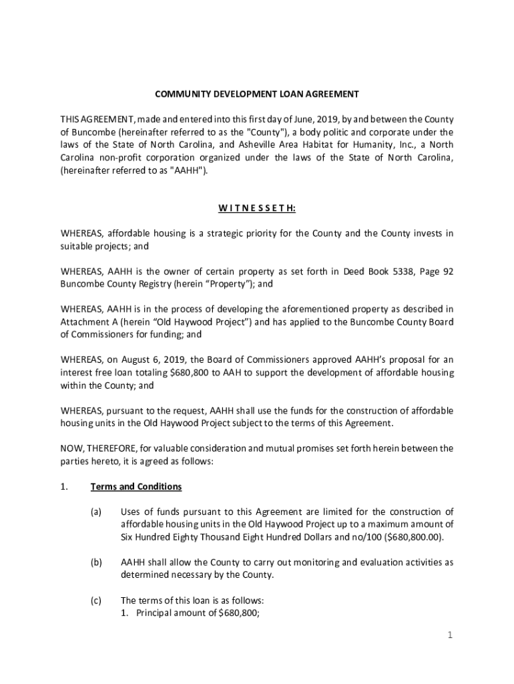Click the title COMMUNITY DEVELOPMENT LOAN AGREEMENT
[257, 94]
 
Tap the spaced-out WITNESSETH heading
[257, 208]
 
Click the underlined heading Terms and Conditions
[136, 486]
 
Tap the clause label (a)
[96, 512]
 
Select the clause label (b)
[96, 562]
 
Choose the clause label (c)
[96, 600]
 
